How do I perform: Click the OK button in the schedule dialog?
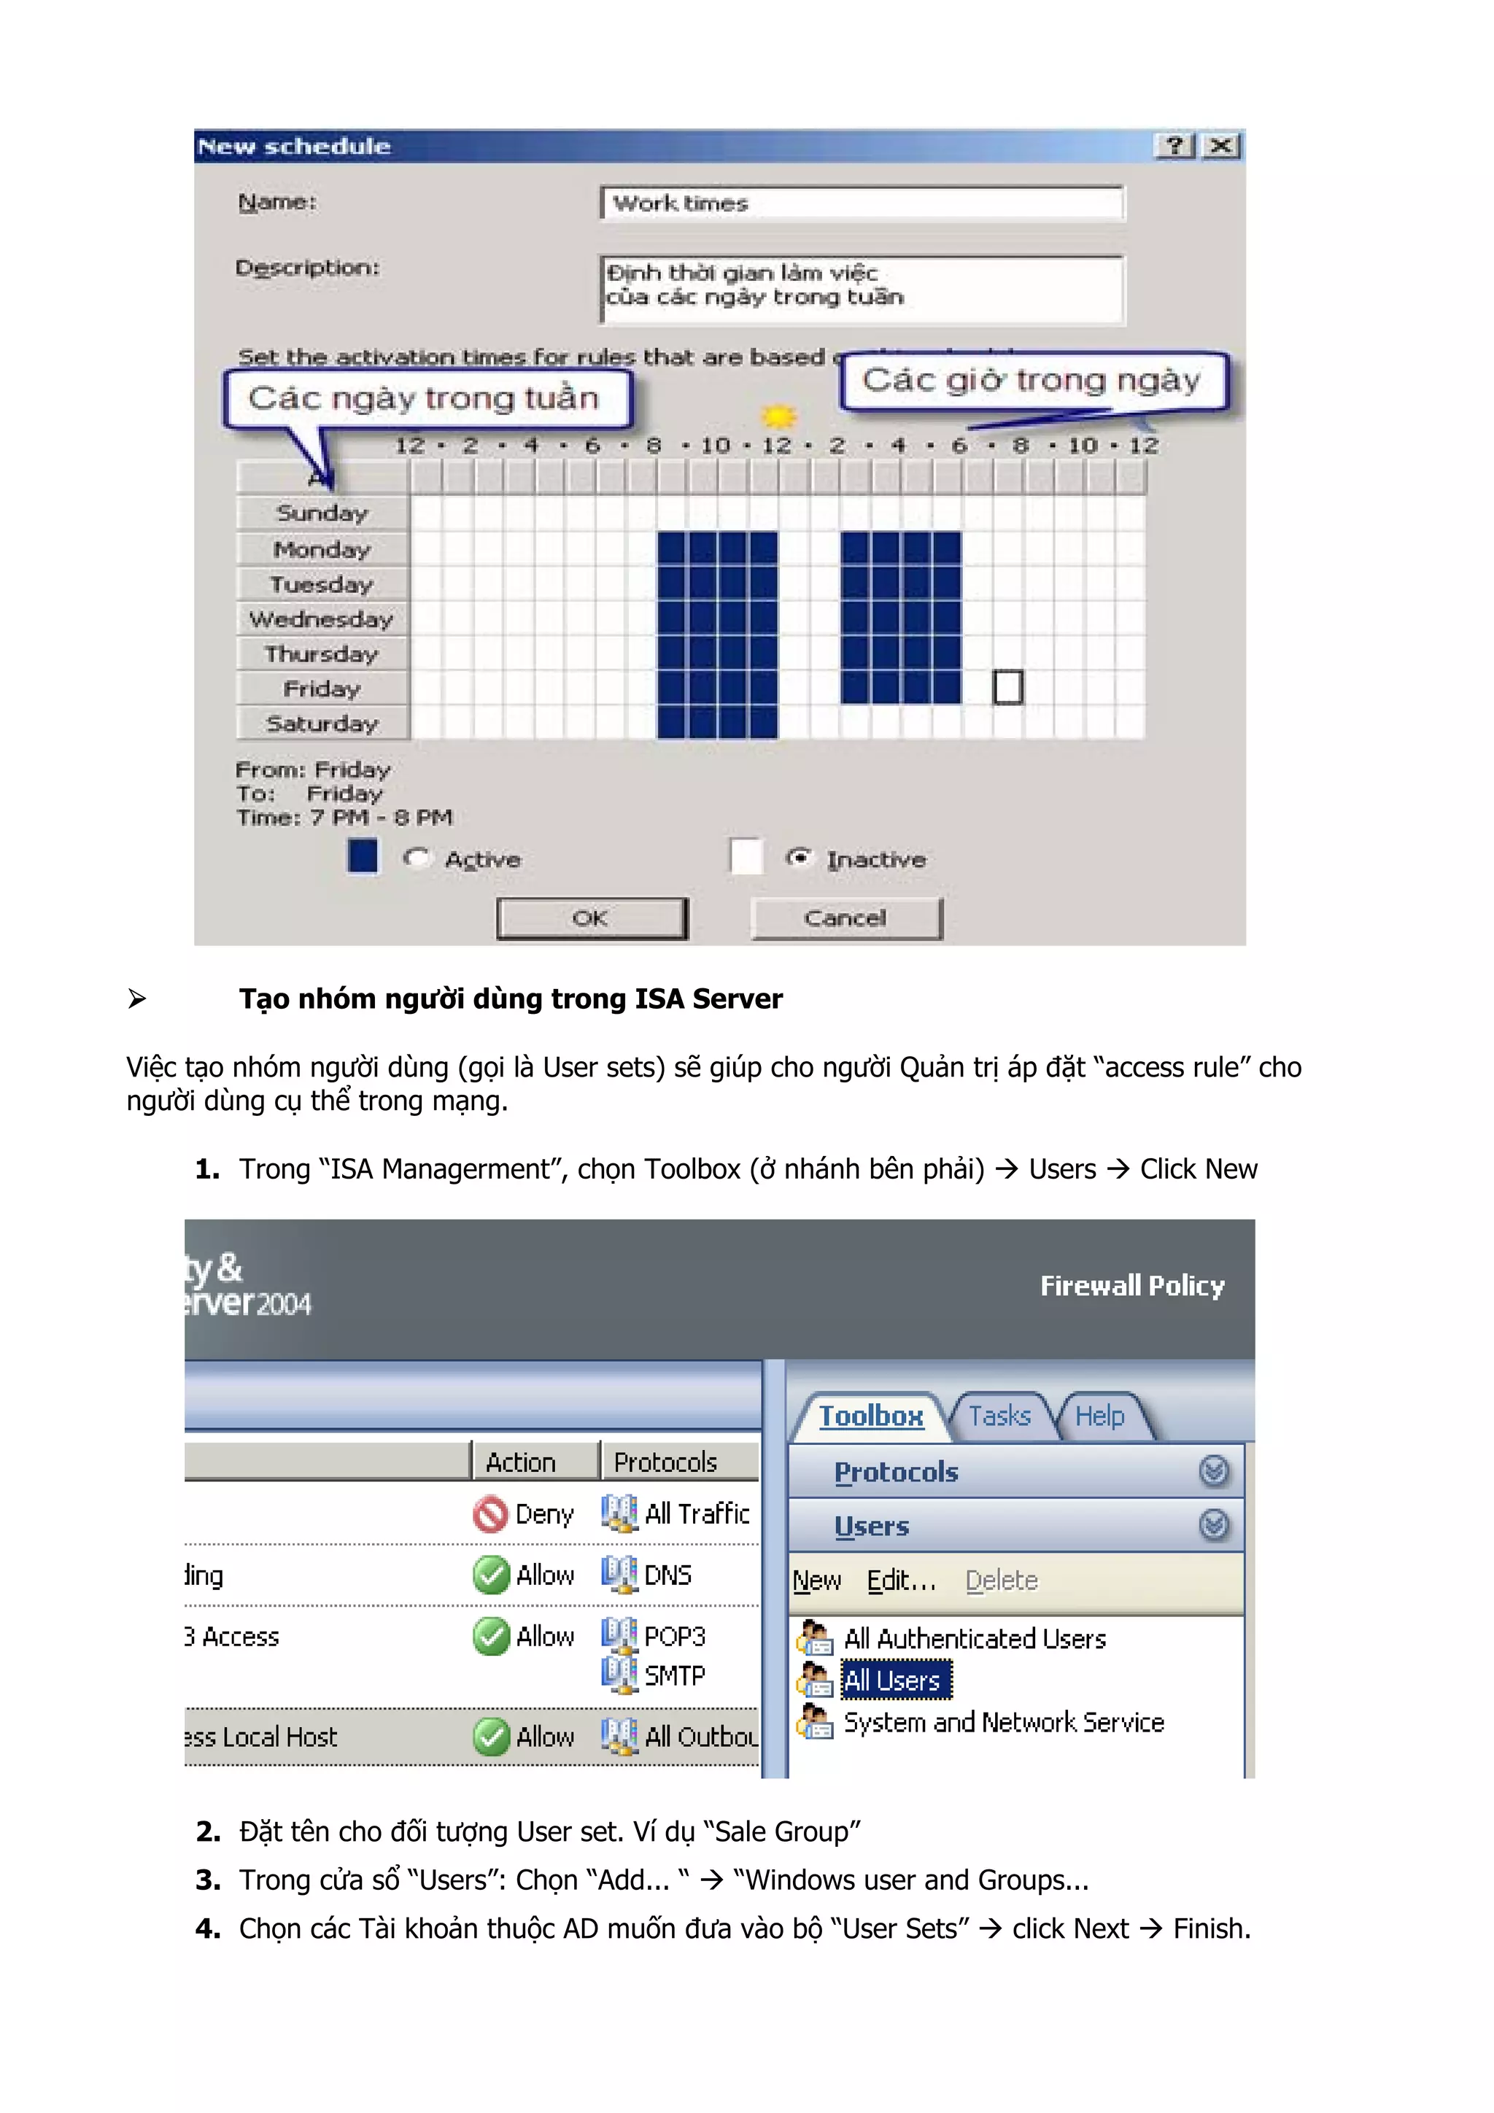click(592, 918)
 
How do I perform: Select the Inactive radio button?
click(797, 858)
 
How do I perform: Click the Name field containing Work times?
click(861, 203)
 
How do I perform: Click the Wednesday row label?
click(321, 619)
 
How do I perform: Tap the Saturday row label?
click(321, 724)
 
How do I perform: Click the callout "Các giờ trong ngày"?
click(1032, 380)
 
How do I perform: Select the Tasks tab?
click(999, 1416)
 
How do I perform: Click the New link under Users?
click(816, 1580)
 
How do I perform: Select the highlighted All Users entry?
click(892, 1680)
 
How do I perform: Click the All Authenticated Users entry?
click(974, 1639)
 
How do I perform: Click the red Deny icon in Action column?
click(489, 1514)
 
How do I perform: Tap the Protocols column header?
click(665, 1462)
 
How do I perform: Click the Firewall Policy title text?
click(1131, 1286)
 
